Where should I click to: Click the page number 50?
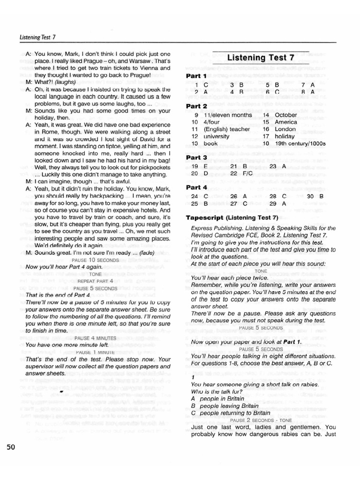point(11,447)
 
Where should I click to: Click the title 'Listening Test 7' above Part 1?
point(261,58)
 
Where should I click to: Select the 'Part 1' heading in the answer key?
point(196,75)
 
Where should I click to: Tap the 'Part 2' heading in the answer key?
point(196,106)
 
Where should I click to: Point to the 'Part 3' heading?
point(196,157)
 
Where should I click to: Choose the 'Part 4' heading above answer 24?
point(196,187)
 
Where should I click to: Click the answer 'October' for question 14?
point(286,115)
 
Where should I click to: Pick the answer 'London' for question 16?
point(285,129)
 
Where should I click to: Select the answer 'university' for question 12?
point(217,136)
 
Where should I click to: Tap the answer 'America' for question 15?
point(286,122)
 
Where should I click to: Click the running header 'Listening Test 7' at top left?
point(38,37)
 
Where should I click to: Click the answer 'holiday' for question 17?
point(285,136)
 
